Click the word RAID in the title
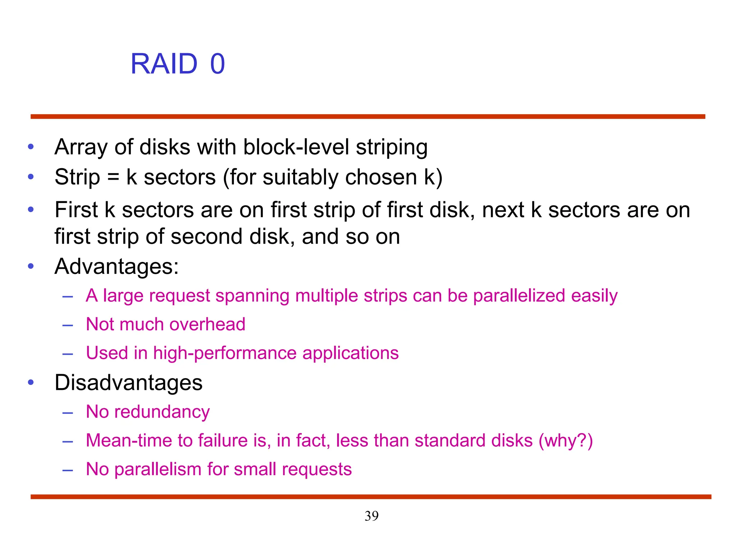point(164,64)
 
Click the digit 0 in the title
point(217,64)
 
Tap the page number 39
point(371,516)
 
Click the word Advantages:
point(116,267)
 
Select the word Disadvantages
point(128,382)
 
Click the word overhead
point(207,324)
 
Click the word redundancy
point(162,412)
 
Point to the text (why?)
point(565,441)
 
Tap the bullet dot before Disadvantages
point(31,382)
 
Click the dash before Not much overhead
point(68,325)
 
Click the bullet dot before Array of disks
point(31,147)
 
